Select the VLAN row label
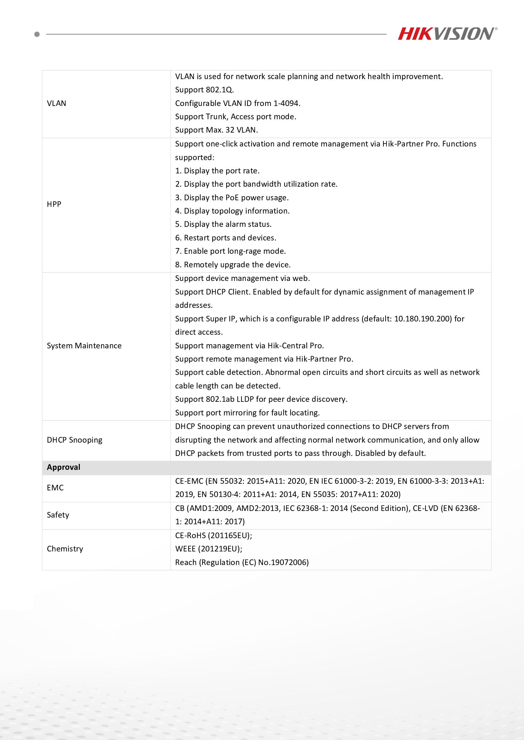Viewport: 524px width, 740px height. (56, 103)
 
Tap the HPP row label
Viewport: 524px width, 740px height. (54, 204)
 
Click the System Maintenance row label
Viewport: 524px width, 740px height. (84, 346)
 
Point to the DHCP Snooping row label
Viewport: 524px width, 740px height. (74, 440)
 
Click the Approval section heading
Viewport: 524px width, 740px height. (64, 467)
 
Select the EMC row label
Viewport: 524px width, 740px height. (55, 488)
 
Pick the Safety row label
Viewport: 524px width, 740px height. (58, 515)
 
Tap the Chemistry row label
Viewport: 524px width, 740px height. (65, 549)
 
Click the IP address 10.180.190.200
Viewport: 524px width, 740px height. (423, 319)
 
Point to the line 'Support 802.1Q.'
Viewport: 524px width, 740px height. (205, 90)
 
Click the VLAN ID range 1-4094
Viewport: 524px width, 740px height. (286, 103)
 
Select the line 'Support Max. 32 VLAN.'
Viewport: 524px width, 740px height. (216, 130)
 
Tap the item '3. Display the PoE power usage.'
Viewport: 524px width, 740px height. (232, 197)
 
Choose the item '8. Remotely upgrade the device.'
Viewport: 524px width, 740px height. (233, 264)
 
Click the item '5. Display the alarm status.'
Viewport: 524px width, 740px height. (223, 224)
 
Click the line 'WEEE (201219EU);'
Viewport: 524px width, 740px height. (209, 549)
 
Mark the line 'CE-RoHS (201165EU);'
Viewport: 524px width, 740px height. (214, 535)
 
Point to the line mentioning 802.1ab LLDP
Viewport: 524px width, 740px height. (261, 399)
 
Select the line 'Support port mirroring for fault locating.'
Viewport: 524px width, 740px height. (247, 413)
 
